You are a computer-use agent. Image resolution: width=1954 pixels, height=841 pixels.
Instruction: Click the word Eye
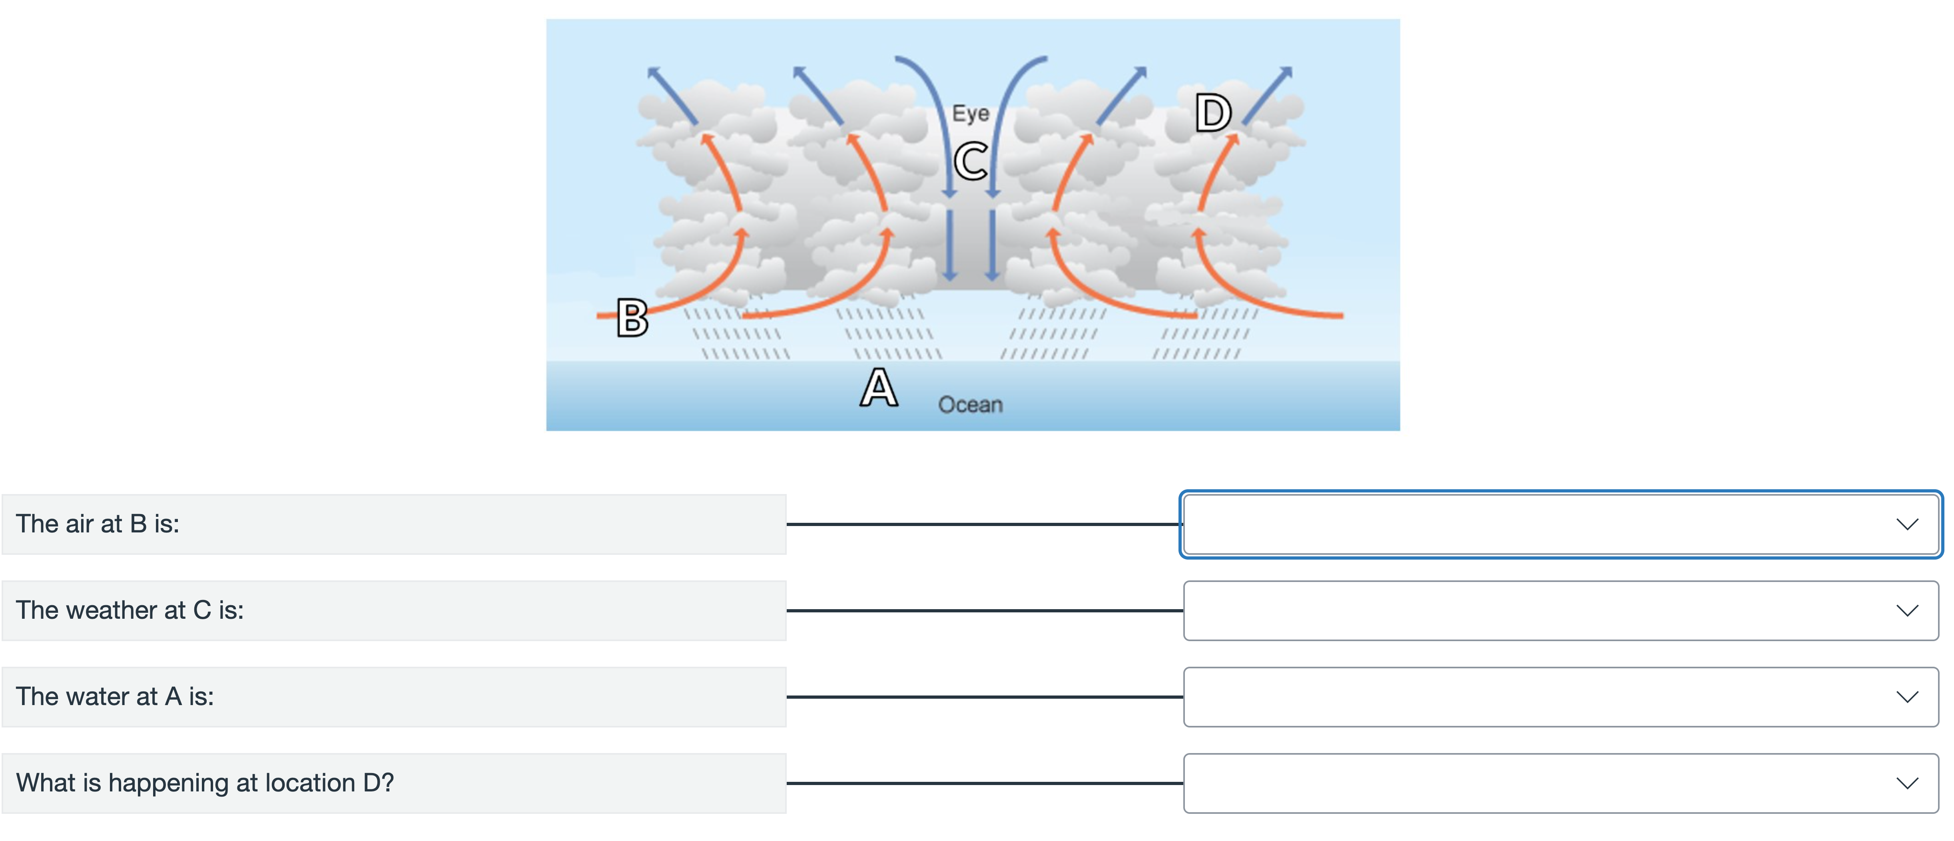click(970, 114)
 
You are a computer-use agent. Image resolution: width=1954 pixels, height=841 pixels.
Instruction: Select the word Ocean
click(970, 405)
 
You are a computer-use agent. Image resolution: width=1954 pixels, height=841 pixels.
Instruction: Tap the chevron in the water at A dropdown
click(1907, 698)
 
